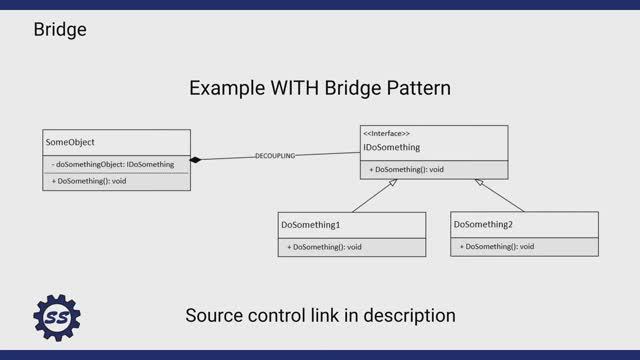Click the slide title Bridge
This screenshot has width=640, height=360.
click(x=60, y=29)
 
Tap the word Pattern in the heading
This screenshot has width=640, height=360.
click(x=416, y=88)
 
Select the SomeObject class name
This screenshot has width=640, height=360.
click(x=71, y=143)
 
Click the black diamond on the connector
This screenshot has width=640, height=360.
click(x=197, y=160)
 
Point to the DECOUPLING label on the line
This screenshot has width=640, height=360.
click(x=275, y=156)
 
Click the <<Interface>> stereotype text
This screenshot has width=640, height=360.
click(x=386, y=133)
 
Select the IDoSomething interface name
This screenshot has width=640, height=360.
click(x=393, y=148)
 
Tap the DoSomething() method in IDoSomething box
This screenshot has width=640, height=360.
click(x=407, y=169)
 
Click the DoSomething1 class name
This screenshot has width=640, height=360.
click(x=311, y=225)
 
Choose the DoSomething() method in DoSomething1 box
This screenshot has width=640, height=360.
click(x=324, y=246)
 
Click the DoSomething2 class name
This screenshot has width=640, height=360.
click(x=484, y=225)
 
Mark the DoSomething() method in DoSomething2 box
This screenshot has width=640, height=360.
click(x=497, y=246)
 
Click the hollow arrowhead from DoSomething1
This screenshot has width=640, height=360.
click(x=393, y=184)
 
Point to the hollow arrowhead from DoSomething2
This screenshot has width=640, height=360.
click(x=480, y=184)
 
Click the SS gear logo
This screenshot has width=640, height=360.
click(x=57, y=319)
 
